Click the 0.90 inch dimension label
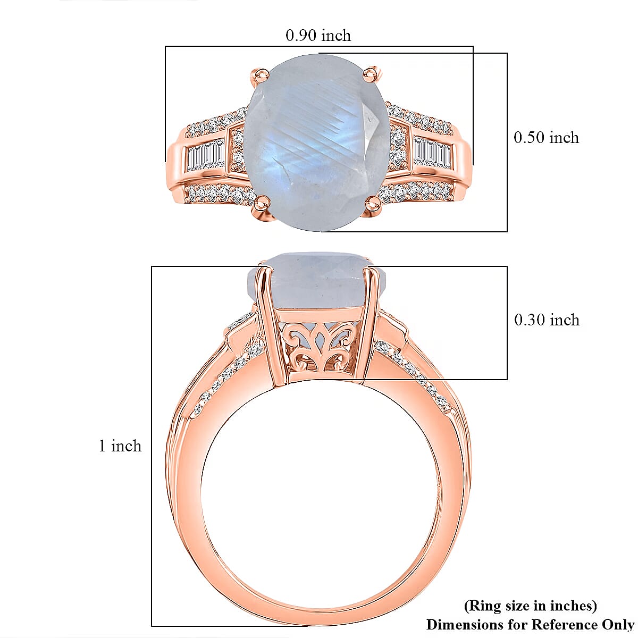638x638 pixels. (x=318, y=36)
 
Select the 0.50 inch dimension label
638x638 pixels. (x=546, y=138)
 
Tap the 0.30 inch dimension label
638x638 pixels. (x=547, y=320)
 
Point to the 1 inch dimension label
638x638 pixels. (x=120, y=446)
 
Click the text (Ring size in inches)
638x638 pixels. (x=531, y=606)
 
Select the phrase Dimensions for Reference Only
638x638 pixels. (x=530, y=624)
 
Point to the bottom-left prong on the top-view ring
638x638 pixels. (x=261, y=203)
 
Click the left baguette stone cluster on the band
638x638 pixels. (x=206, y=154)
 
